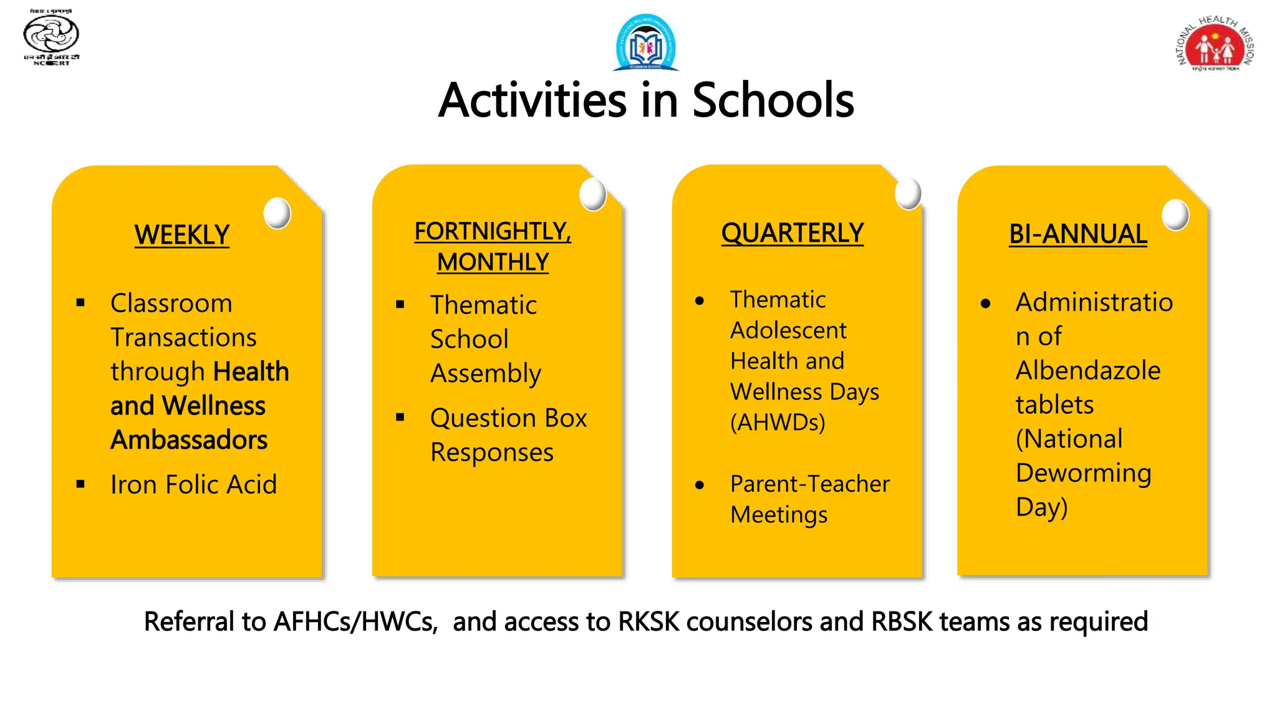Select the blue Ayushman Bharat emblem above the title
point(646,42)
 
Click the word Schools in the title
point(773,100)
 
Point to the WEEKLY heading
point(182,235)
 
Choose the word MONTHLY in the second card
point(493,262)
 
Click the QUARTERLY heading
point(793,233)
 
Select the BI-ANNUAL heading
point(1078,234)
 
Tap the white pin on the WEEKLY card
point(277,213)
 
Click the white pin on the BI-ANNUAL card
point(1175,215)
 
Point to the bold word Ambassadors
point(189,440)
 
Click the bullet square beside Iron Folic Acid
point(80,484)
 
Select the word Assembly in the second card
point(486,373)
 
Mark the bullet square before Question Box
point(400,417)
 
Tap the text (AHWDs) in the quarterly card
point(778,423)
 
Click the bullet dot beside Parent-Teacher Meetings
point(700,485)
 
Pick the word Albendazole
point(1088,371)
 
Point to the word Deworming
point(1084,473)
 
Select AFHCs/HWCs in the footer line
point(356,622)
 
